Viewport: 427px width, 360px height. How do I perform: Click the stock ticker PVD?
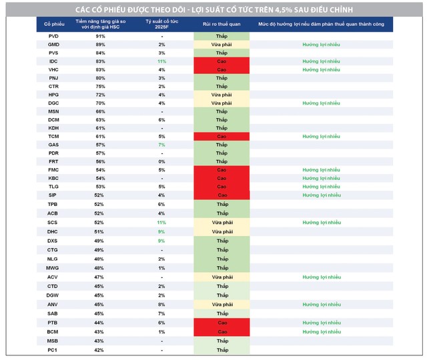tap(53, 35)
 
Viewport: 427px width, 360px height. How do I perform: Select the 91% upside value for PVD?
tap(100, 35)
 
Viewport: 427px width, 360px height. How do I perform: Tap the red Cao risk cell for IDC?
tap(222, 61)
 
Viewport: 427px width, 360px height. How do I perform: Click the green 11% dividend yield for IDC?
tap(161, 61)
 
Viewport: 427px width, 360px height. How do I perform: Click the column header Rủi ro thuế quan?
tap(222, 23)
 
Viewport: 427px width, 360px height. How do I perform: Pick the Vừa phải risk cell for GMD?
tap(222, 44)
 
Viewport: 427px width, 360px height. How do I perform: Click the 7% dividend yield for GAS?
tap(161, 145)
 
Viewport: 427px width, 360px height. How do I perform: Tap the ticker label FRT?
tap(53, 161)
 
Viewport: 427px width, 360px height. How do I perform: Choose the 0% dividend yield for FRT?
tap(161, 161)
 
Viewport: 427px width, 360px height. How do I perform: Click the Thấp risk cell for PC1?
tap(222, 349)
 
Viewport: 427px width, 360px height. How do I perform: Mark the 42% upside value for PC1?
tap(100, 349)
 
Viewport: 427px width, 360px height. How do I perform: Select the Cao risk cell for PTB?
tap(222, 323)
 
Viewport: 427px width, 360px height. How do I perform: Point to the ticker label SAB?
tap(53, 313)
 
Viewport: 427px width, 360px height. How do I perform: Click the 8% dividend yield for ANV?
tap(161, 305)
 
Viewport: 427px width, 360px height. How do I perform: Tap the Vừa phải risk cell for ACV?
tap(222, 277)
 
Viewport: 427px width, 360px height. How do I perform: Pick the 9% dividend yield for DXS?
tap(161, 241)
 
